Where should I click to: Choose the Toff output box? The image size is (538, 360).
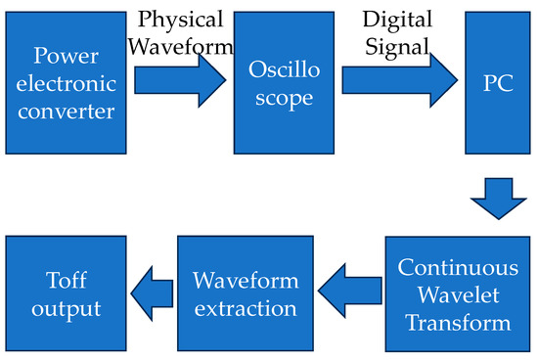pos(64,293)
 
